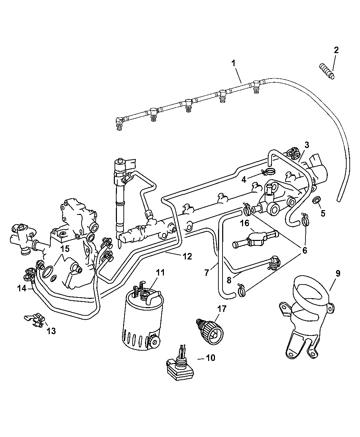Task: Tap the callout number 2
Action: coord(336,50)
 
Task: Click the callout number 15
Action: coord(65,249)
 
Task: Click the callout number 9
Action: coord(338,274)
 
